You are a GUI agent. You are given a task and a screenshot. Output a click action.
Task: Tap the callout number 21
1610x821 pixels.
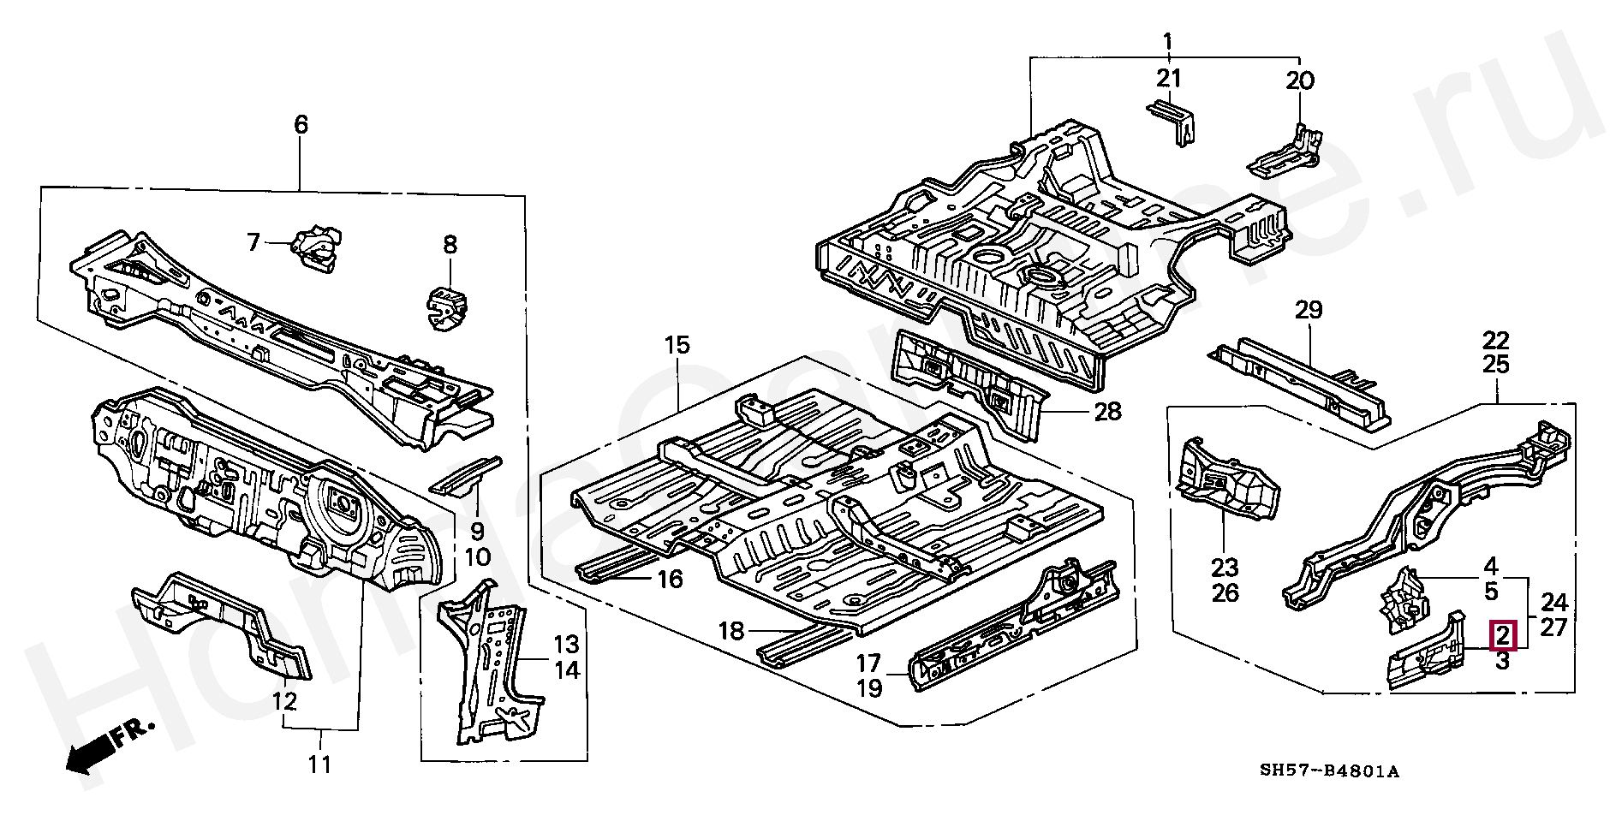click(1169, 79)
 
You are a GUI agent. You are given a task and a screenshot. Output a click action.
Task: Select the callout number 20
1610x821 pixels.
click(1299, 80)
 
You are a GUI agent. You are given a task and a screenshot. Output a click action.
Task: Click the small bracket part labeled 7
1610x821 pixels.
click(316, 247)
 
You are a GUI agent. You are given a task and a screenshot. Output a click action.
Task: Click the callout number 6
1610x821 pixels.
click(301, 125)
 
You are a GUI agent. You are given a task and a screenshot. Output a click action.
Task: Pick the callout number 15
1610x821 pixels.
click(677, 347)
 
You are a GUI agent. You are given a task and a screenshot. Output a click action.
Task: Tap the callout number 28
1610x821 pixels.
click(1106, 412)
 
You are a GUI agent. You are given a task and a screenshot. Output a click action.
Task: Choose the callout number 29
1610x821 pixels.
click(1309, 310)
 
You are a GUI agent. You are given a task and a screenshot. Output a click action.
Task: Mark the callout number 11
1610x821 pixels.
click(319, 764)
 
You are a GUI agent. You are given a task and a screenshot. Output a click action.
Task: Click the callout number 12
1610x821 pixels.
click(284, 702)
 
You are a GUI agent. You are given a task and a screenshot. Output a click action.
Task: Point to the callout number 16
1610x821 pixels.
click(670, 580)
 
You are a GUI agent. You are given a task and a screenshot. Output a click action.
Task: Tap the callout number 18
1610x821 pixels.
click(730, 632)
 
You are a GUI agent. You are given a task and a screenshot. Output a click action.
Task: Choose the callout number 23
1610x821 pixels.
click(1225, 567)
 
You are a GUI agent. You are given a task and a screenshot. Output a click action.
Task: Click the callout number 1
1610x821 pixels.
click(1166, 40)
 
